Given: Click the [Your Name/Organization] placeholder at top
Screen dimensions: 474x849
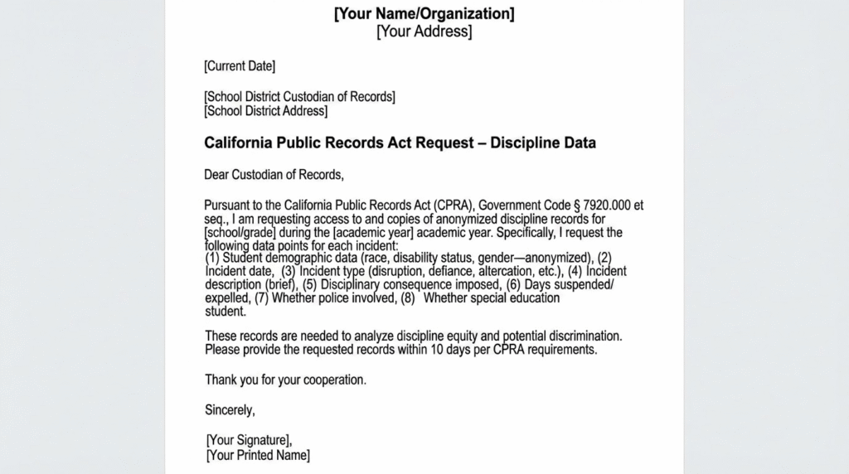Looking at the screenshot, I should [424, 14].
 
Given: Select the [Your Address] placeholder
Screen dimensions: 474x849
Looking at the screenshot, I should [424, 32].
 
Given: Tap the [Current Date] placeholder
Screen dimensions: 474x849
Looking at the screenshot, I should [240, 66].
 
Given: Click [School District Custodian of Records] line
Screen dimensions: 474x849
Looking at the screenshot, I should [299, 97].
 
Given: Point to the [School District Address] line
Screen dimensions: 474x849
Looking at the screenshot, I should [265, 111].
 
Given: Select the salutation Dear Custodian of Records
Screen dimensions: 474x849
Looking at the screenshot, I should [273, 174].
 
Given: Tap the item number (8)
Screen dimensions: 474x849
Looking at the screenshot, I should [408, 297].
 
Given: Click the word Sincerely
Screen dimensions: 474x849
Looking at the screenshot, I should [230, 410].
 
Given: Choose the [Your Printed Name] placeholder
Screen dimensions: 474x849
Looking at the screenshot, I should [258, 455].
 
